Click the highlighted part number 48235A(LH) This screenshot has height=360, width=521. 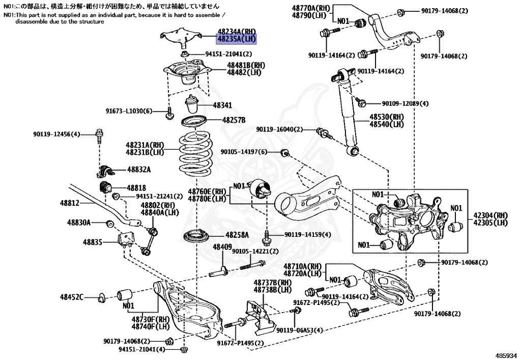[237, 39]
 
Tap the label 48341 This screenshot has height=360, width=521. [222, 106]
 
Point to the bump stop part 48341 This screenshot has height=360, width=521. [192, 105]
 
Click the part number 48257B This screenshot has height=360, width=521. [234, 120]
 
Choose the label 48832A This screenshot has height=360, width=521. [139, 169]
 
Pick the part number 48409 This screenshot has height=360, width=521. [222, 247]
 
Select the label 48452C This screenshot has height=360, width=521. [72, 297]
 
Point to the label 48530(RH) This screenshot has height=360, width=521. [387, 117]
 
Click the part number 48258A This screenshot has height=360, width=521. [237, 235]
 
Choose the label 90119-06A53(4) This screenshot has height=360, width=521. [300, 330]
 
